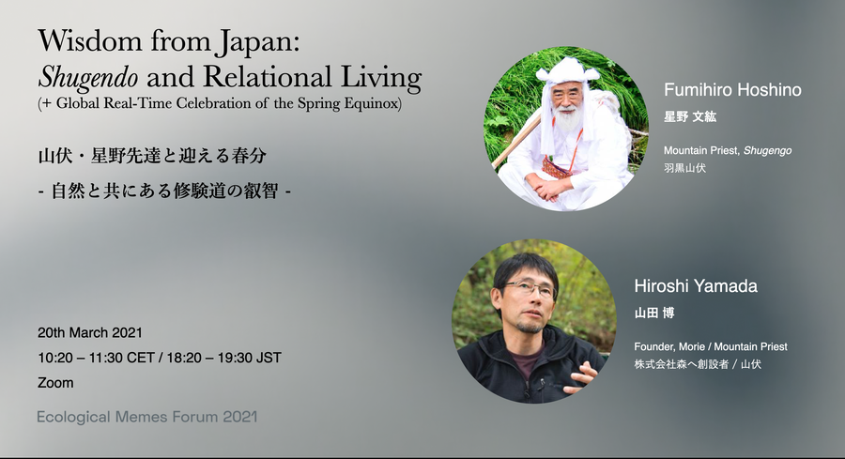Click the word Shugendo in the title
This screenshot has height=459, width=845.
pyautogui.click(x=88, y=77)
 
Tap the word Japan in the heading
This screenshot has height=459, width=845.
pyautogui.click(x=256, y=42)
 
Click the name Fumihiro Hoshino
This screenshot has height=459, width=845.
pyautogui.click(x=732, y=89)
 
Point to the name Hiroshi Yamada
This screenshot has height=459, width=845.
pyautogui.click(x=696, y=285)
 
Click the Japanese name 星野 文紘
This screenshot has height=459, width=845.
pyautogui.click(x=690, y=116)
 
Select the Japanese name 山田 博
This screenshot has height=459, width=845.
pyautogui.click(x=654, y=313)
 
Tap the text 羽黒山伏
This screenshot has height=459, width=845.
pyautogui.click(x=684, y=167)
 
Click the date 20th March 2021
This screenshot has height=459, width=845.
pyautogui.click(x=90, y=332)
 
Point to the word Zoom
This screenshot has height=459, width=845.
pyautogui.click(x=55, y=383)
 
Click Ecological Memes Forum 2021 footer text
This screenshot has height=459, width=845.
pyautogui.click(x=147, y=417)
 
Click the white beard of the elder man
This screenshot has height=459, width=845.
pyautogui.click(x=567, y=119)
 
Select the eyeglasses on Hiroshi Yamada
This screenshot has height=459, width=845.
pyautogui.click(x=529, y=290)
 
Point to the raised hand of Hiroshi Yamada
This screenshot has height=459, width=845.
pyautogui.click(x=582, y=376)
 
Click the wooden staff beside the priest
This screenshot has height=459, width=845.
pyautogui.click(x=516, y=141)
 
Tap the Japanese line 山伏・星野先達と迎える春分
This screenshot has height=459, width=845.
pyautogui.click(x=152, y=156)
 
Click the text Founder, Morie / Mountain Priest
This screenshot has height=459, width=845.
pyautogui.click(x=711, y=346)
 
